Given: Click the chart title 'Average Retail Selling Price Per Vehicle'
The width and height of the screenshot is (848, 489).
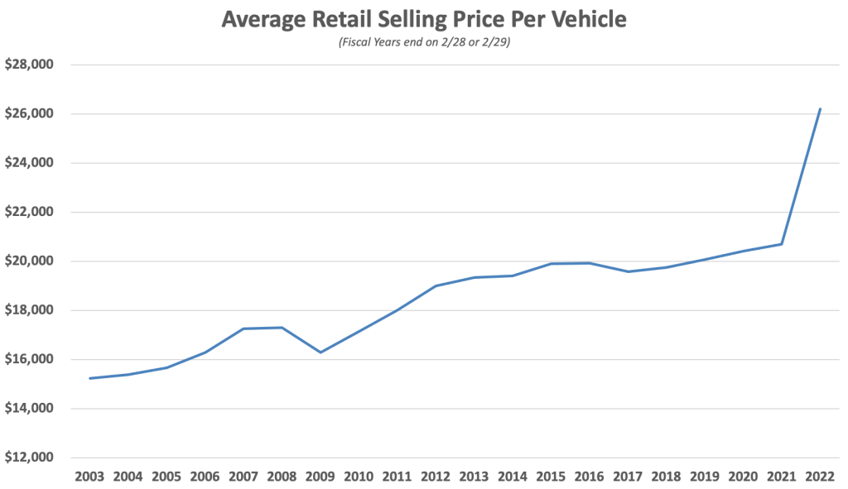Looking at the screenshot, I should [x=423, y=18].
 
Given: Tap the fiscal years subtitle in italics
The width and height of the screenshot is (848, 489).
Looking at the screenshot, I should [x=423, y=43].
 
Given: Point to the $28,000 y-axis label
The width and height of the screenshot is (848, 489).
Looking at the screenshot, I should [x=30, y=65].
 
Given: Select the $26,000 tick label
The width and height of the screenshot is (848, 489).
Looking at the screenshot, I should [x=30, y=113].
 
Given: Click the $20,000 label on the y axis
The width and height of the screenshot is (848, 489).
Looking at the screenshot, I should [x=30, y=261].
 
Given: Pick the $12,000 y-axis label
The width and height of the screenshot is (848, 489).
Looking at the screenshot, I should [x=30, y=458].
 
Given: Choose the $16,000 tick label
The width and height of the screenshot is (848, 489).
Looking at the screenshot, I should [x=30, y=360].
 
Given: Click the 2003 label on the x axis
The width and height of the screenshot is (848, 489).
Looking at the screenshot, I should [x=89, y=477].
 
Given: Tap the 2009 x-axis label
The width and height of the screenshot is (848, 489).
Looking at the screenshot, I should [x=320, y=477].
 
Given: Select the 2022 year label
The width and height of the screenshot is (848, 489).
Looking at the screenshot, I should [x=820, y=477].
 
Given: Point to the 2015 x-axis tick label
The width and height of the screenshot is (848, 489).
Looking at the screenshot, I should [x=551, y=477].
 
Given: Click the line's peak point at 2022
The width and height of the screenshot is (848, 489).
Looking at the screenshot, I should [x=820, y=108].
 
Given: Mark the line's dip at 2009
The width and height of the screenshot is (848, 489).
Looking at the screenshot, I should [x=320, y=352].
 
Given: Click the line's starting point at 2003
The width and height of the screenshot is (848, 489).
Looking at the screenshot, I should [x=89, y=378].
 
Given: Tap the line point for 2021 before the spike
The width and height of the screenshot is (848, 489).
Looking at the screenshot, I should [x=782, y=244].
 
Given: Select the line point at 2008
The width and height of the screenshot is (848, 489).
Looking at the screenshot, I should [x=282, y=328].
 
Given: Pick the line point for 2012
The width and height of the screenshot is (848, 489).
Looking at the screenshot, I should [x=436, y=285].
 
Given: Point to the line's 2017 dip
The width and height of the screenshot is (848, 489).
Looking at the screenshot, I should [x=628, y=271].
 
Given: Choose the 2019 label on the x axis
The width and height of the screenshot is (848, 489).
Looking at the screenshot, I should [x=705, y=477].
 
